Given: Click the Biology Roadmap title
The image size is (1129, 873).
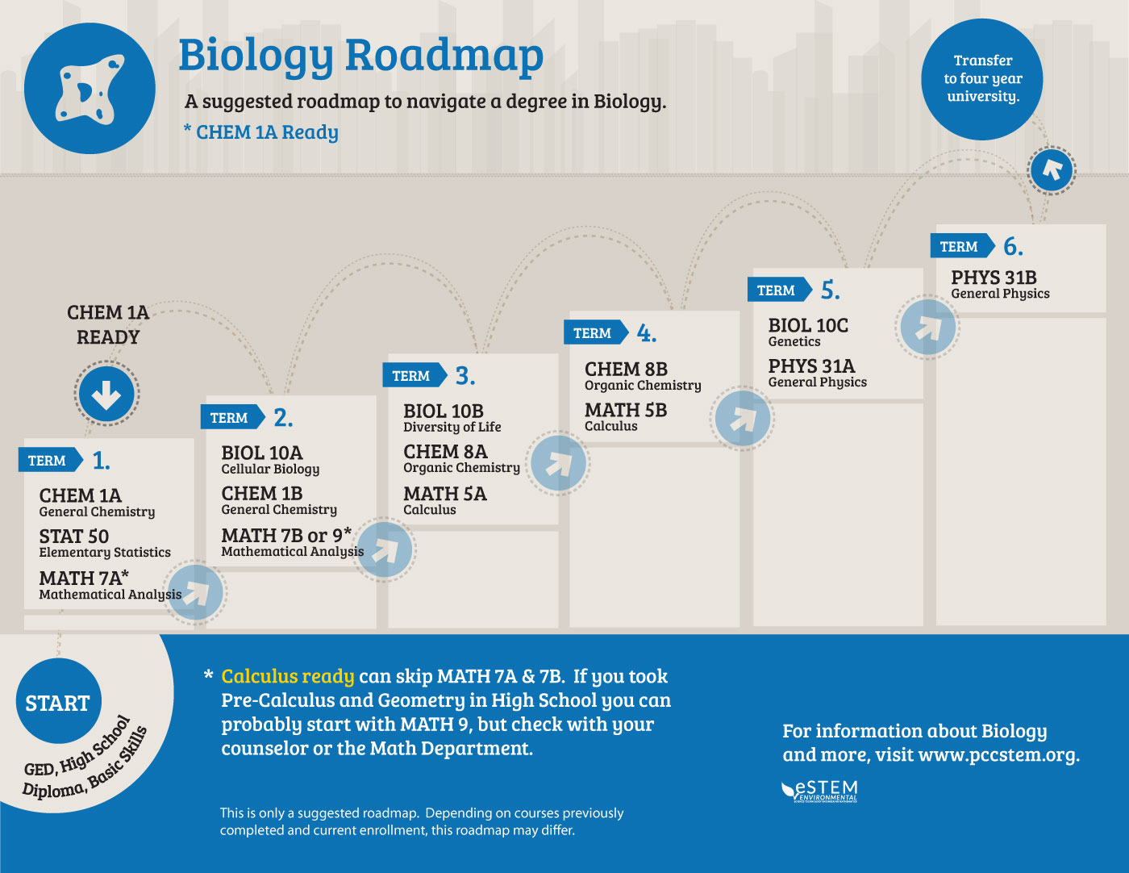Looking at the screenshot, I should pos(360,56).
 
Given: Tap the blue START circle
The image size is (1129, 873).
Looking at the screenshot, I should pos(58,702).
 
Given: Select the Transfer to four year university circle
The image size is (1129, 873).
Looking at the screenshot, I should pos(982,79).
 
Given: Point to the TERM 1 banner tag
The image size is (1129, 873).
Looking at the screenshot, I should pos(48,461).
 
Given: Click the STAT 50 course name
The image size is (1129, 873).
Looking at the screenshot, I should pos(74,537).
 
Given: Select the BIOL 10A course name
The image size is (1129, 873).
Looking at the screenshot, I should pos(262,453).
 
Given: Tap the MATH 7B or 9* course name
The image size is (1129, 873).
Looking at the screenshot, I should pos(286,535).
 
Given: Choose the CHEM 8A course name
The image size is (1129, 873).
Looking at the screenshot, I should pos(445,451).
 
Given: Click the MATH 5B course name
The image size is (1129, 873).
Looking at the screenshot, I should pos(626,410).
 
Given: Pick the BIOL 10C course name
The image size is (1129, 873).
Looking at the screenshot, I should pos(808,325).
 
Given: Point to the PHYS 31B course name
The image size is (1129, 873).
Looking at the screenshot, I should pos(994,278).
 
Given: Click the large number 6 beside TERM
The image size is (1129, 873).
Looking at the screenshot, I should pos(1012,247).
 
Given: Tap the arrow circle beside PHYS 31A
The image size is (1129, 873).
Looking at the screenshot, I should pos(927,327).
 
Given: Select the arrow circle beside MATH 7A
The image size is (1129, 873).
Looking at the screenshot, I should pos(195,593).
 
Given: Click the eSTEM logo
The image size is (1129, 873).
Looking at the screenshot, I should pos(819,792).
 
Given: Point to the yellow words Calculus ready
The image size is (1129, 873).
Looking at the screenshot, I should pos(288,676).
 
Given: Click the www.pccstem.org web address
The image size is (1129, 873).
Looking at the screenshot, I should pos(998,755).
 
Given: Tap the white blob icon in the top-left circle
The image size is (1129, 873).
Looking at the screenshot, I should pos(90,89).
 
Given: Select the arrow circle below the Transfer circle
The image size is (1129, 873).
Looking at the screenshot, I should pos(1052,169).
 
